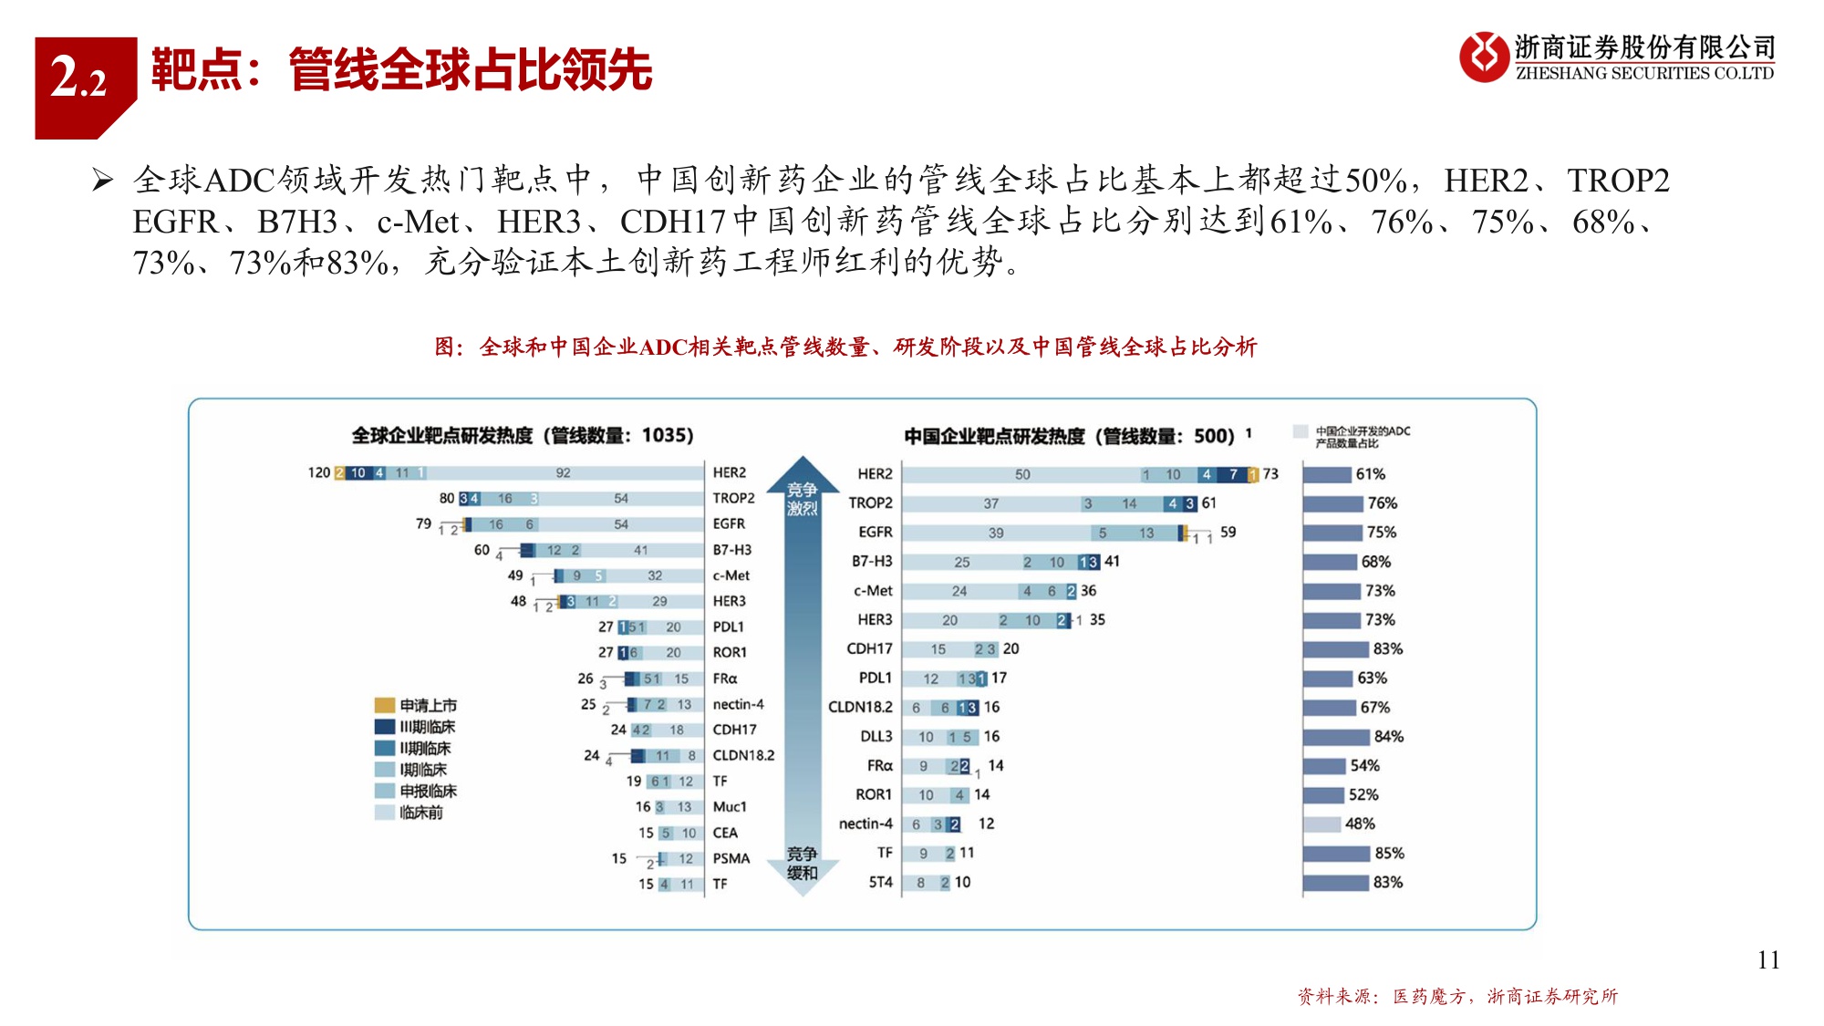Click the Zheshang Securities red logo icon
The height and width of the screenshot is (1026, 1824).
1484,57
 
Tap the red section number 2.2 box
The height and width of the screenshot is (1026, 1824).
80,78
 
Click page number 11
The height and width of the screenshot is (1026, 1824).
1767,959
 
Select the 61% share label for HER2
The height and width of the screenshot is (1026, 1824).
1370,474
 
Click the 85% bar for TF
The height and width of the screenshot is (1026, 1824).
1336,854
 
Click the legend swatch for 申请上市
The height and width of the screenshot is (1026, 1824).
384,705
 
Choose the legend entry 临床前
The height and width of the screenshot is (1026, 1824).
420,813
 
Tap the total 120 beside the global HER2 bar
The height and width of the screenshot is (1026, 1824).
318,472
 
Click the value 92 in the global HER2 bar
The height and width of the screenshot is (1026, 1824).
563,472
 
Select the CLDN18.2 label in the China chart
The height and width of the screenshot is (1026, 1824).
859,707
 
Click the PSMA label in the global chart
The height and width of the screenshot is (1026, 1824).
731,858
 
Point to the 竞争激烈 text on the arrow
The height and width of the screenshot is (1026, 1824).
802,499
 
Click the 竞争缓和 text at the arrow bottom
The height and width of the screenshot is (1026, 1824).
802,863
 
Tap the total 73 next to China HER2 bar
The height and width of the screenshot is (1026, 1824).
1270,474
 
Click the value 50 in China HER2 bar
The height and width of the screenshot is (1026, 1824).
1022,474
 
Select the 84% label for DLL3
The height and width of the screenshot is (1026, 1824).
1388,736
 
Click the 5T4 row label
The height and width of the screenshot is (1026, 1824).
880,882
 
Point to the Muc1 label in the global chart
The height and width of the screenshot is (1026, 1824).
729,807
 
